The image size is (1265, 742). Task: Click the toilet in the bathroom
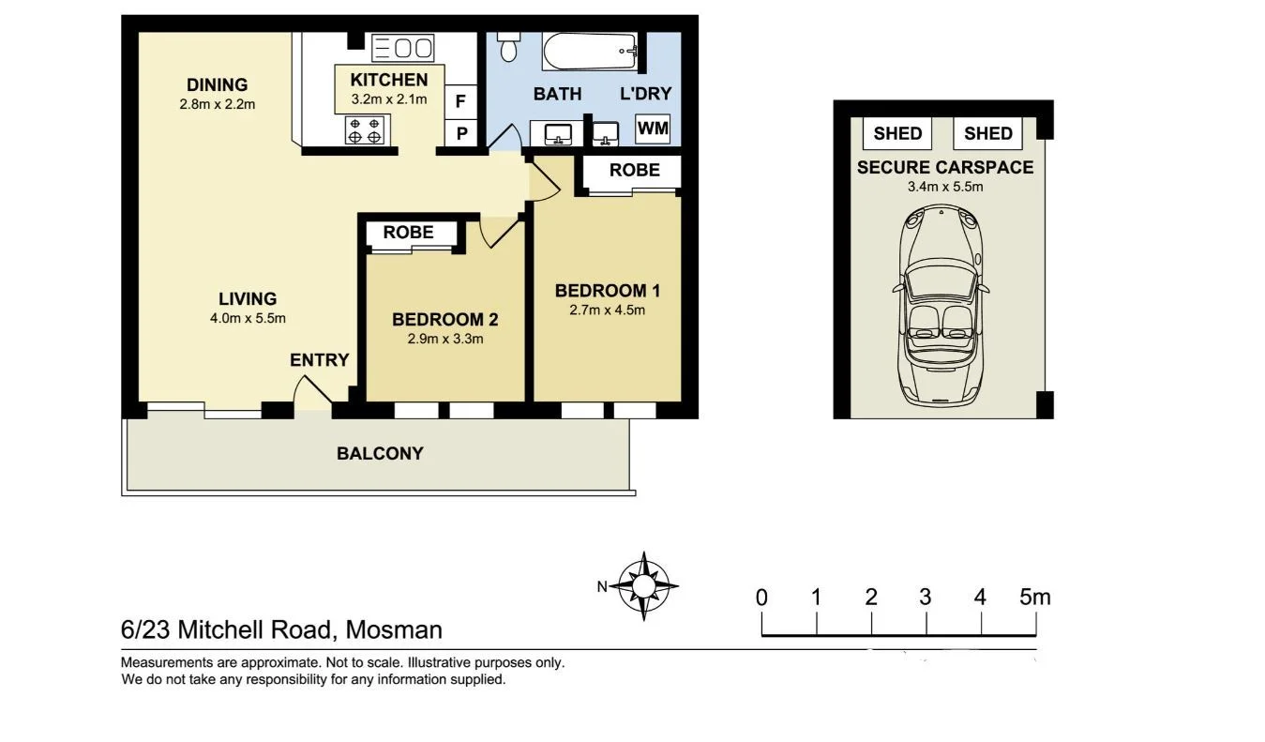coord(508,46)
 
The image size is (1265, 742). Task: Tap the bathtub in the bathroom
coord(590,52)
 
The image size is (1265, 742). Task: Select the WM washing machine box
coord(653,129)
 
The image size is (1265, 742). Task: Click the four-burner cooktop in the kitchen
coord(364,129)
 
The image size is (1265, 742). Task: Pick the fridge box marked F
coord(460,101)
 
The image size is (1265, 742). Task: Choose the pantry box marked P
coord(461,133)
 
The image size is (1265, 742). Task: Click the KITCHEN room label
coord(389,80)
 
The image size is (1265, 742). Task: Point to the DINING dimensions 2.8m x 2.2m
coord(218,104)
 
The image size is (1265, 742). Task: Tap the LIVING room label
coord(248,298)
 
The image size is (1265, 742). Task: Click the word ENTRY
coord(320,360)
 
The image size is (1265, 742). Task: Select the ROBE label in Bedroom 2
coord(408,232)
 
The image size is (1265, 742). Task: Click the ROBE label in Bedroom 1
coord(635,170)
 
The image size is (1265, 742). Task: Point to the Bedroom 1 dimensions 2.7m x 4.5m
coord(607,310)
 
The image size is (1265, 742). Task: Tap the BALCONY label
coord(380,453)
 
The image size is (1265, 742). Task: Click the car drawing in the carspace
coord(941,305)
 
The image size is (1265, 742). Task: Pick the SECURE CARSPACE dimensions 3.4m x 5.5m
coord(945,187)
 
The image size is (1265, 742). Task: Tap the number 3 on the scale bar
coord(925,597)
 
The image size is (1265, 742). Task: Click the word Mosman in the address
coord(394,629)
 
